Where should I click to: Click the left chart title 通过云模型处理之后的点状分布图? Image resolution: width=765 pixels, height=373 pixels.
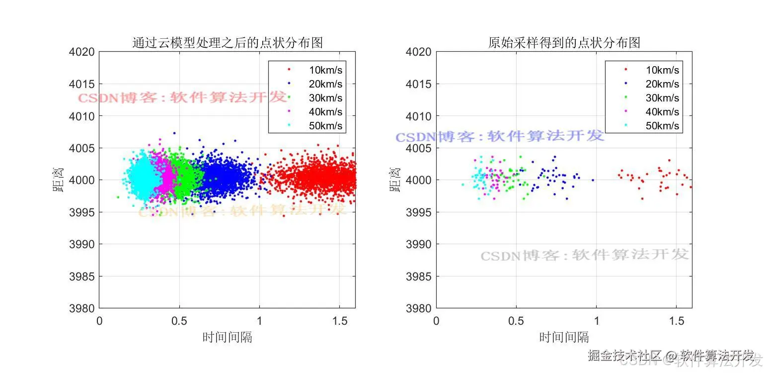point(228,43)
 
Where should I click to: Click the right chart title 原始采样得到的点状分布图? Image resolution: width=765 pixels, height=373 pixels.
point(564,43)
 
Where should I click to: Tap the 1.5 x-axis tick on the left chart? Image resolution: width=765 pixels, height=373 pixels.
point(339,321)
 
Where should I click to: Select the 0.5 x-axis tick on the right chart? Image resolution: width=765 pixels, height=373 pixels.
point(516,321)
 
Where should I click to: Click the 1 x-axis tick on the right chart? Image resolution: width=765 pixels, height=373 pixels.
point(597,321)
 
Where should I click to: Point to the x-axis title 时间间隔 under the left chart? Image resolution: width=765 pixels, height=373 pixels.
point(227,337)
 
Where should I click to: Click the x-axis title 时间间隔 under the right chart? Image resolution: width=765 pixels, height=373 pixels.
point(564,337)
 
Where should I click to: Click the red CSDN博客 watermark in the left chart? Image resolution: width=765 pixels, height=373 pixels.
point(182,97)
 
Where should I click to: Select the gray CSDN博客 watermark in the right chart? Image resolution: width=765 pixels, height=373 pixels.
point(584,256)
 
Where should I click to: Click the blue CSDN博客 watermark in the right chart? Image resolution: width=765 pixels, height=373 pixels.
point(499,136)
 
